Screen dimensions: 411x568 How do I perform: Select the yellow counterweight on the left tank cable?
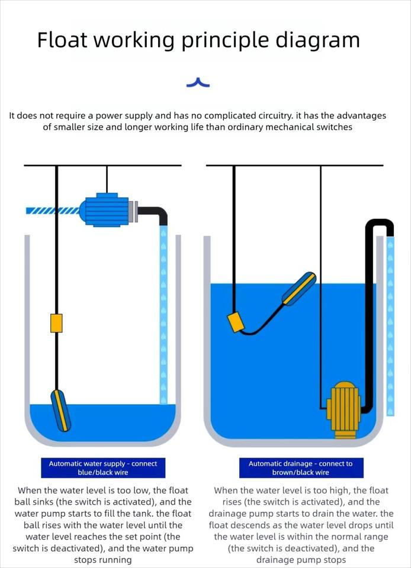click(56, 323)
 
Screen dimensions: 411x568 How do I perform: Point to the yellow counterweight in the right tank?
click(237, 322)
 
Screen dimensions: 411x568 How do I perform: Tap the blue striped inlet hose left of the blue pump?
click(52, 210)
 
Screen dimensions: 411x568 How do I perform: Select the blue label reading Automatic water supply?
click(103, 468)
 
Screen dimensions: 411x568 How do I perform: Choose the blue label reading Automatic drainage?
click(300, 468)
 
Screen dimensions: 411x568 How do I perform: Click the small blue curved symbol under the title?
click(198, 83)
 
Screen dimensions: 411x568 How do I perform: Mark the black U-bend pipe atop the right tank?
click(379, 225)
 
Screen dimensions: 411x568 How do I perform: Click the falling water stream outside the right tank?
click(390, 325)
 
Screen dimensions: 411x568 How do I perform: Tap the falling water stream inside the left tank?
click(163, 314)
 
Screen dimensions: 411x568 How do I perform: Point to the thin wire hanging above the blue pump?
click(107, 180)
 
